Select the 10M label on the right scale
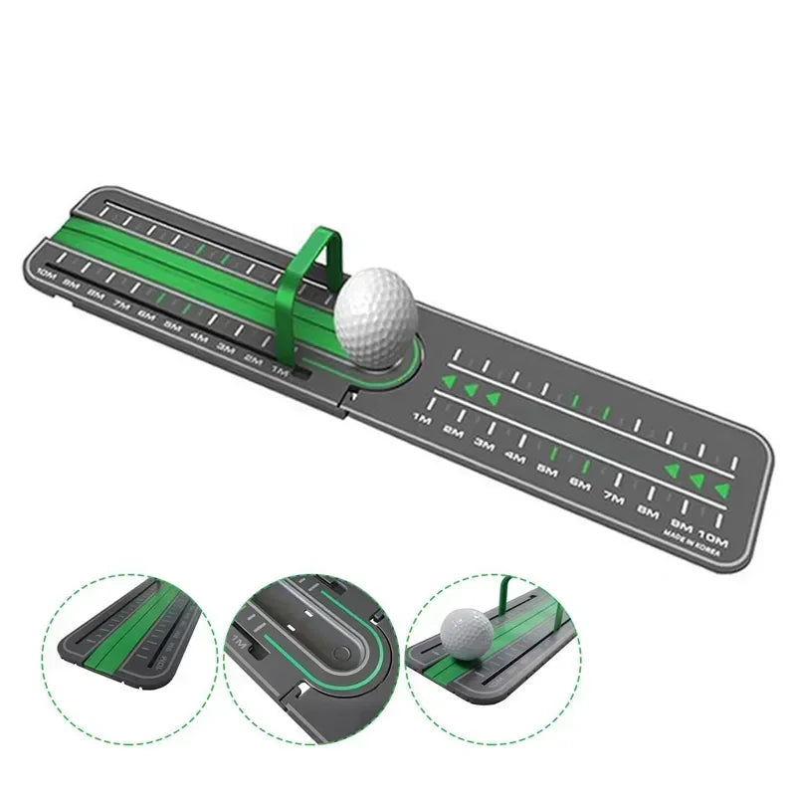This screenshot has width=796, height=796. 712,542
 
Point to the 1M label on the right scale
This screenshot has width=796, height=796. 421,419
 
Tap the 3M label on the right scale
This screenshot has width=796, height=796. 485,444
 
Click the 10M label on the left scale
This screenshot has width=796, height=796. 46,273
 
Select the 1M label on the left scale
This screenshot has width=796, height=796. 279,370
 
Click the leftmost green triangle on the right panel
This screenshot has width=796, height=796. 449,381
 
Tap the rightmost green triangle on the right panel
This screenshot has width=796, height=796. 722,490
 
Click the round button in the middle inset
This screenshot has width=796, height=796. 342,654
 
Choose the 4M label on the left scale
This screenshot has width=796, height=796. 199,336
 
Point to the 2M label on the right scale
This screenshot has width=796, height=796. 453,432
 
